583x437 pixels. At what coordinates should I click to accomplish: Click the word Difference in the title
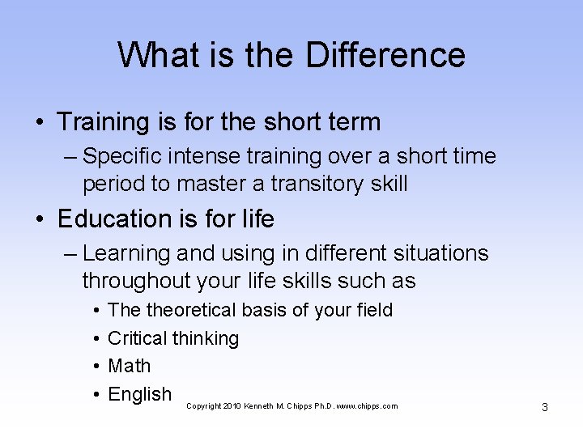(385, 55)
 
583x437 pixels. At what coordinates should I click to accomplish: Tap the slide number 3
(544, 407)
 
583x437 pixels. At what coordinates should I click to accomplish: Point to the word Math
(130, 366)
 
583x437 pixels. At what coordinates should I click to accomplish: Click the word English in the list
(139, 394)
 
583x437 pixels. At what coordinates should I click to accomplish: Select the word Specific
(123, 155)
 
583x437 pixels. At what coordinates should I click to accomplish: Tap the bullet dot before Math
(96, 366)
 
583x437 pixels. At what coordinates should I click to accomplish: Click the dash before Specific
(69, 155)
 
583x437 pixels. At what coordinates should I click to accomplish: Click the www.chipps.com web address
(369, 406)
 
